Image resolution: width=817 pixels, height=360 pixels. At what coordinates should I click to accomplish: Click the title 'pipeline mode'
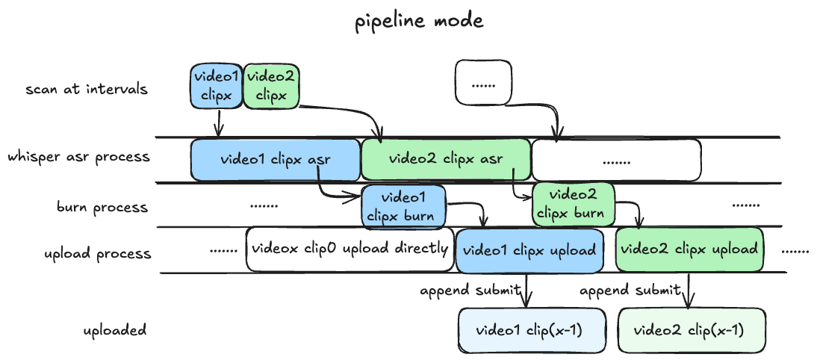(418, 21)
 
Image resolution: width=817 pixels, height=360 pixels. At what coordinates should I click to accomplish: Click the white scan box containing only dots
(483, 82)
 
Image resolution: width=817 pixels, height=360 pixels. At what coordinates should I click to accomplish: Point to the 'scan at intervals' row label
(87, 90)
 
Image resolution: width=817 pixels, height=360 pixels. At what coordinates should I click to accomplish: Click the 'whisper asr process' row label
(79, 158)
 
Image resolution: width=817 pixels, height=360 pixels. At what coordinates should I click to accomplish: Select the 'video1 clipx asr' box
(276, 159)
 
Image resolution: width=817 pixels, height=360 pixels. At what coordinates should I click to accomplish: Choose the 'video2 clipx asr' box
(445, 159)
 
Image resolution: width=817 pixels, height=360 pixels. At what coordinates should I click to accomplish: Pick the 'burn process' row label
(103, 207)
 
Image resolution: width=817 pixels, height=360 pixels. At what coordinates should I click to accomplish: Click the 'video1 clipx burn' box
(403, 207)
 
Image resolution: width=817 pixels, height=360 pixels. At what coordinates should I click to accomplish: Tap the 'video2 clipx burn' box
(573, 203)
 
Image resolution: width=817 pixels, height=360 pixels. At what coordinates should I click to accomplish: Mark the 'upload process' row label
(98, 252)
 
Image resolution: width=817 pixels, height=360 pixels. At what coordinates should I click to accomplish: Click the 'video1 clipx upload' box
(530, 250)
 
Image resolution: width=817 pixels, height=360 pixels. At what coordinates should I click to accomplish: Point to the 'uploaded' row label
(114, 329)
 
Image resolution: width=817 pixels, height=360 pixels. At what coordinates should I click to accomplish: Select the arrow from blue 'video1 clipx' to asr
(218, 123)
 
